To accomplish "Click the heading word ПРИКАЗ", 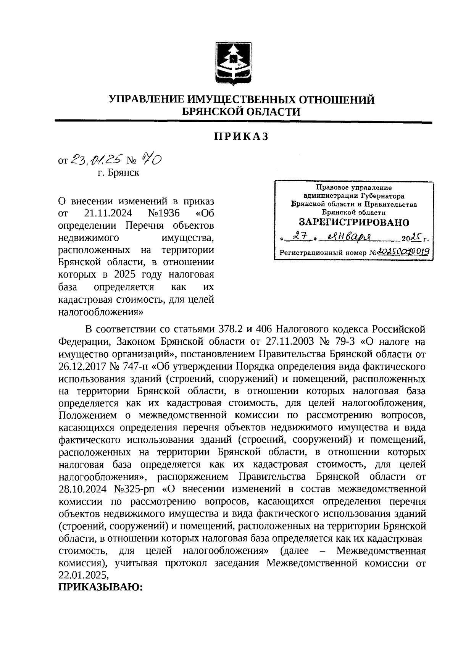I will [241, 137].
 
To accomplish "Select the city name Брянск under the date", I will [123, 173].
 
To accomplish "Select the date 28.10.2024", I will [84, 489].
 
